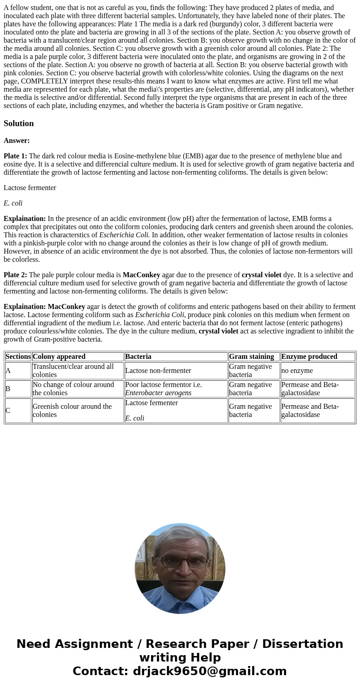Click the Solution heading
pos(19,123)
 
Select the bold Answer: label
pos(17,141)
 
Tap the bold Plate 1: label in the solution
pos(15,156)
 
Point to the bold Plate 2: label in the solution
pos(15,275)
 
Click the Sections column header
pos(18,357)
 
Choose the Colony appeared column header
pos(59,357)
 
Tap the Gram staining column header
pos(252,357)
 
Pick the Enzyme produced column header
pos(309,357)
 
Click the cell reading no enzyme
pos(297,371)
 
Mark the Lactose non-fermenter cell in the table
pos(158,371)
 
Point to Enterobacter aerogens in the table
pos(158,393)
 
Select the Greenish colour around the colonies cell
pos(73,411)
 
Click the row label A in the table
pos(8,371)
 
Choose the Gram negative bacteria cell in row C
pos(251,411)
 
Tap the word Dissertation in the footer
pos(302,644)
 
